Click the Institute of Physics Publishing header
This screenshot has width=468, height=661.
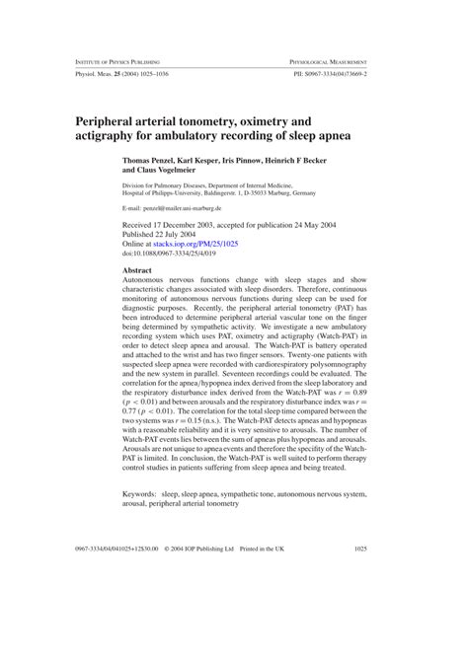[118, 61]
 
